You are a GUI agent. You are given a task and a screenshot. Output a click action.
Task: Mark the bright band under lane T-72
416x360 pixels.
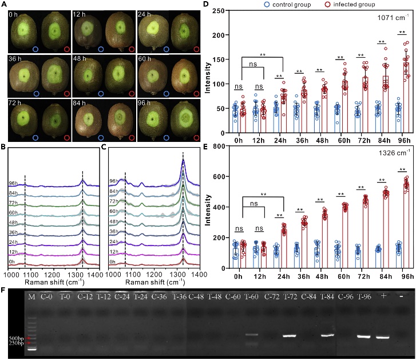coord(291,336)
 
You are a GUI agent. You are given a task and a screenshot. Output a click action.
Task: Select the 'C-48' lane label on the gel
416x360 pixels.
coord(196,296)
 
